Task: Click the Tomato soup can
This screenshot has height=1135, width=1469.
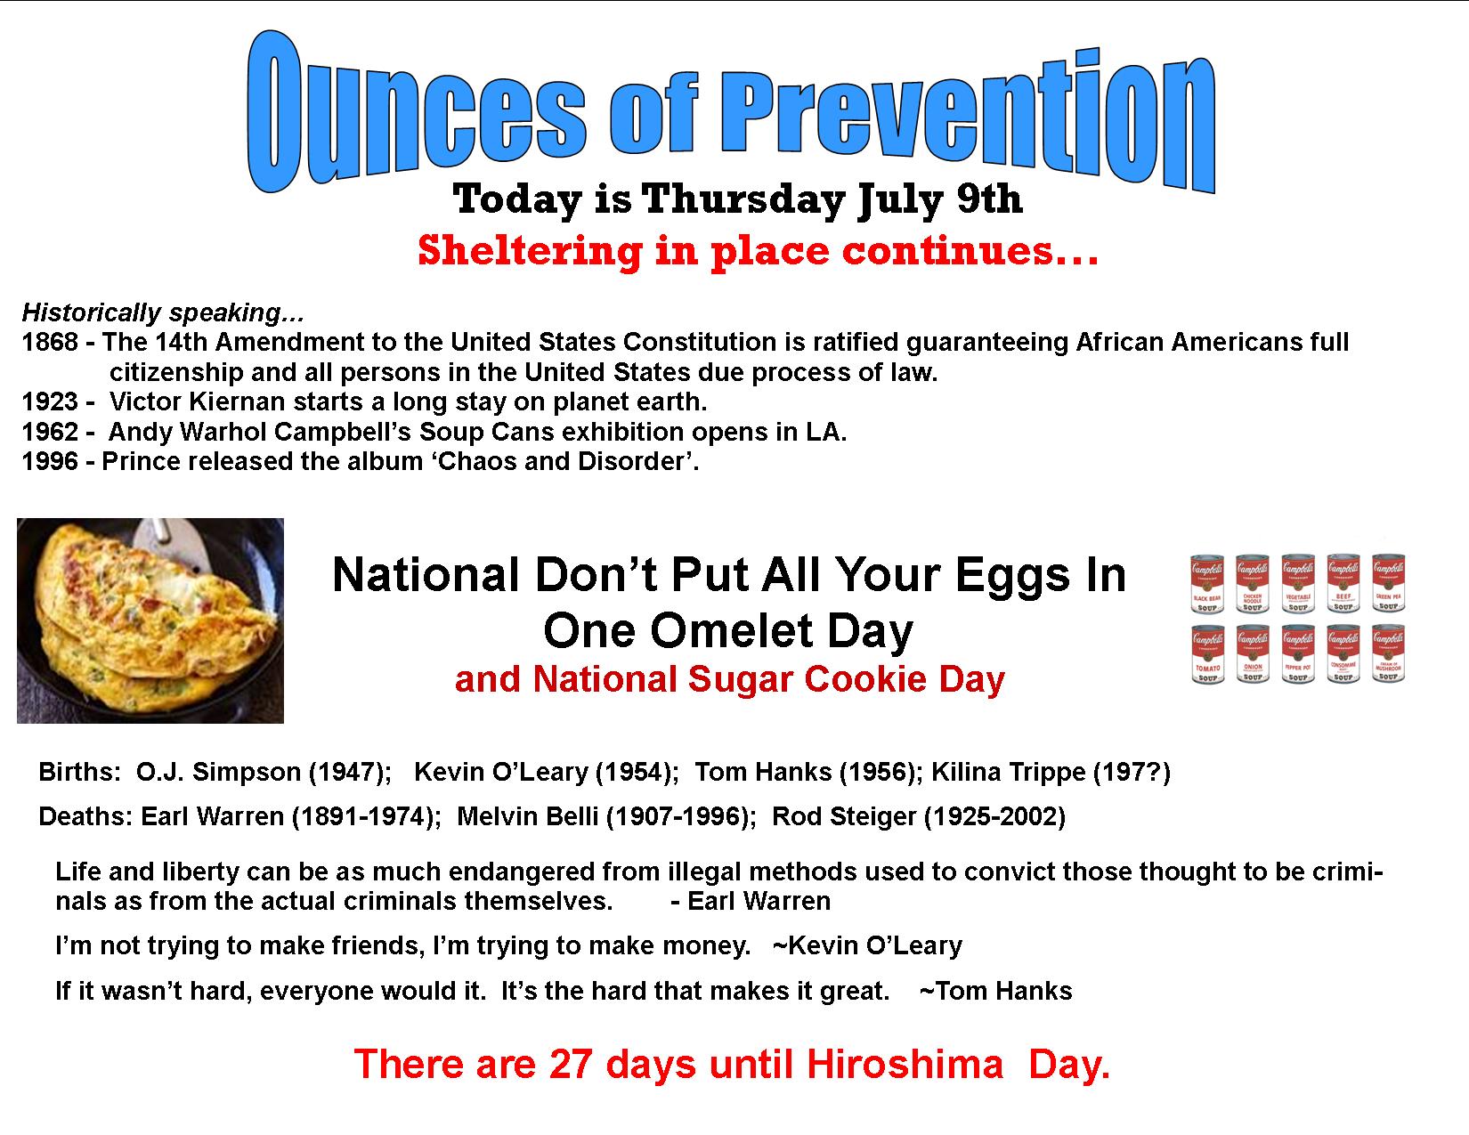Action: [x=1207, y=654]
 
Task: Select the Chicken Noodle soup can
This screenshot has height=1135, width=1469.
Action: [x=1252, y=584]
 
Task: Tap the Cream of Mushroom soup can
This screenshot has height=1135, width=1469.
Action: [x=1389, y=653]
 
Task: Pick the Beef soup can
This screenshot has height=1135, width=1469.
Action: [x=1343, y=583]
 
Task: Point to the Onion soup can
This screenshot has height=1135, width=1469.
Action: [x=1253, y=654]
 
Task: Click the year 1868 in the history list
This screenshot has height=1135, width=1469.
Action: [x=50, y=342]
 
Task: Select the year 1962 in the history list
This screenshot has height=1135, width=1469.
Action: [x=50, y=431]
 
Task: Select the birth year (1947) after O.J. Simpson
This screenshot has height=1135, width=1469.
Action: [x=350, y=772]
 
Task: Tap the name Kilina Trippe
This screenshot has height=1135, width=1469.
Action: [x=1009, y=772]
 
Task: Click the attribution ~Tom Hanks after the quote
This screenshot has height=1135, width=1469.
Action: [x=995, y=991]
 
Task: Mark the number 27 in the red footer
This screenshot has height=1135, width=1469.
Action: [x=572, y=1064]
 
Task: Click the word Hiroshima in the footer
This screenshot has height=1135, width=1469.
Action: [x=905, y=1064]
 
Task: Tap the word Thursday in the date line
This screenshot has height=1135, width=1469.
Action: [x=743, y=199]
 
